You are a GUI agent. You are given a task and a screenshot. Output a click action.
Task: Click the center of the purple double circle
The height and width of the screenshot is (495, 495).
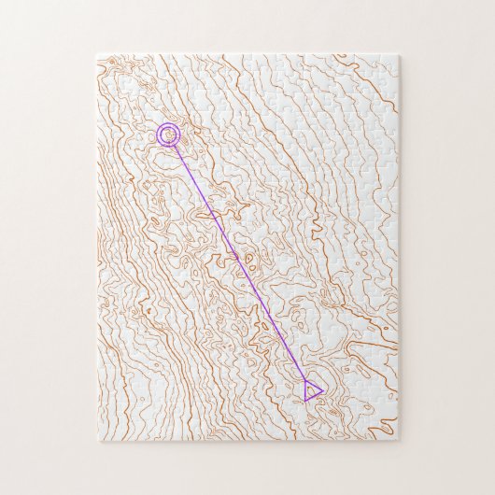[168, 135]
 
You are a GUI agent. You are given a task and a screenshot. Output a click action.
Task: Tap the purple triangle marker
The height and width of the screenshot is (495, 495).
[312, 390]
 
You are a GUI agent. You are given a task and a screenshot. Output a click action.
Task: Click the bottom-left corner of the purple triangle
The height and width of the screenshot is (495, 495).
[304, 401]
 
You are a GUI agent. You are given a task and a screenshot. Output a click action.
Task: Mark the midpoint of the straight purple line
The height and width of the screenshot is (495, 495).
[240, 262]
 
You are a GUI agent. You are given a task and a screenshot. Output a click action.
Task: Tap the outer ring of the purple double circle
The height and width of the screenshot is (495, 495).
[158, 135]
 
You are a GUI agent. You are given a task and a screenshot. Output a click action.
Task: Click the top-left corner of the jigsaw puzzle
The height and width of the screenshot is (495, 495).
[97, 54]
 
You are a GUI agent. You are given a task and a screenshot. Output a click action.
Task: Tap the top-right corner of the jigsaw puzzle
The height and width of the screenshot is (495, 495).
[399, 54]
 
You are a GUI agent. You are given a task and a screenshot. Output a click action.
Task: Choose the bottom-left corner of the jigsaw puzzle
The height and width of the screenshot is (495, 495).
[97, 441]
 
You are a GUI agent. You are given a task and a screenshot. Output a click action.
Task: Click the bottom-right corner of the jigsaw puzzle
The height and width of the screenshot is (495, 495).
[399, 441]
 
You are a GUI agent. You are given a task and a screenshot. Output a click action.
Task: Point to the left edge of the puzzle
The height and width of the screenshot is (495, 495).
[97, 247]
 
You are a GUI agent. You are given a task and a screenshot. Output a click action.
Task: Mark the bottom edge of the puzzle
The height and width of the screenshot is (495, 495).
[247, 441]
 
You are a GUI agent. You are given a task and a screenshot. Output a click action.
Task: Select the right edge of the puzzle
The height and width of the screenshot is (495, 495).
[399, 247]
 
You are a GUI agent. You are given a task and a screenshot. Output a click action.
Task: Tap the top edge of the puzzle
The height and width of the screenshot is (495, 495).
[247, 54]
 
